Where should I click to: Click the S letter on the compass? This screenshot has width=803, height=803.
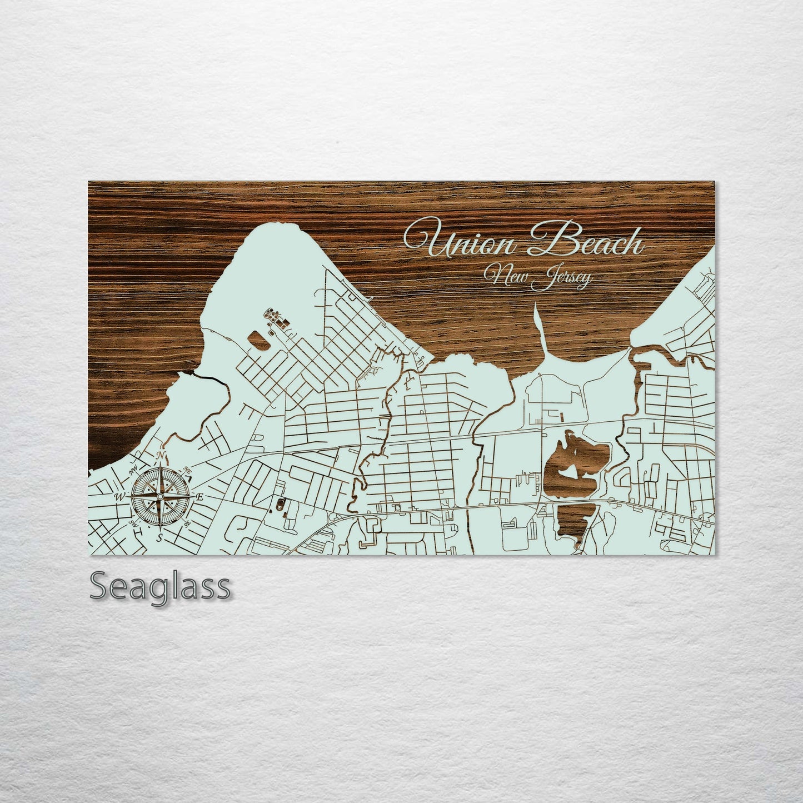click(159, 537)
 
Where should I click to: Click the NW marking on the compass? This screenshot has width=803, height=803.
click(133, 471)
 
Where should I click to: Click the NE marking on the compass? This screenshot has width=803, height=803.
click(188, 470)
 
